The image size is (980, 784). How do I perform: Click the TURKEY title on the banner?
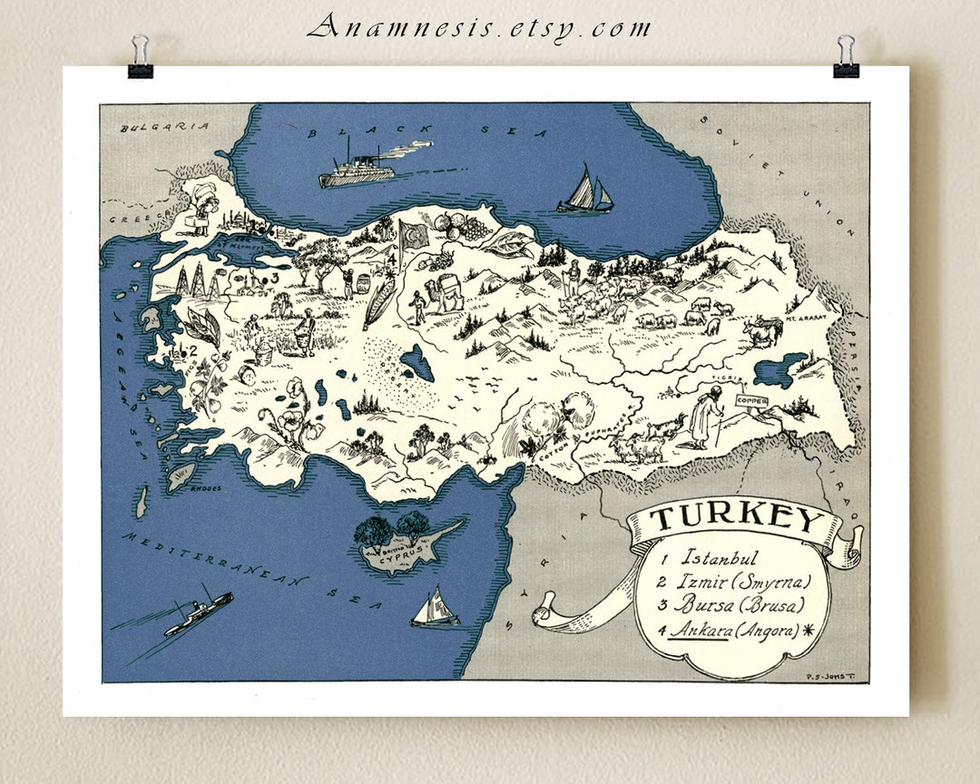735,519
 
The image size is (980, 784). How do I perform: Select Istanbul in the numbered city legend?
719,558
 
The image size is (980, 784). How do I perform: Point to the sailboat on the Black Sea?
585,191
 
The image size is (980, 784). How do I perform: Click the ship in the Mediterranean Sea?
198,613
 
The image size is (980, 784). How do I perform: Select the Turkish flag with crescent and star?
414,235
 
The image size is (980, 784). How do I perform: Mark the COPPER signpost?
752,400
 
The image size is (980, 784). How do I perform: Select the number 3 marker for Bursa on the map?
273,277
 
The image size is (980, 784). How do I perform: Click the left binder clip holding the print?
140,57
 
